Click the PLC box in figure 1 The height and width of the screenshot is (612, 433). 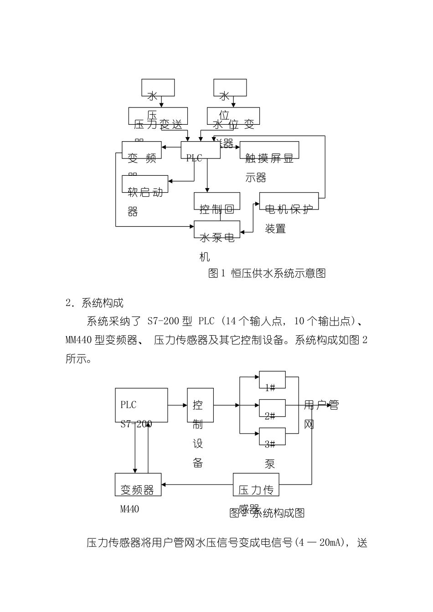tap(201, 150)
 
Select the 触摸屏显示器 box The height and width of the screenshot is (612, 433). tap(269, 150)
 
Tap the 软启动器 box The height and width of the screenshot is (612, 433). tap(145, 184)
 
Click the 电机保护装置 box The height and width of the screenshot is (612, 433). tap(289, 201)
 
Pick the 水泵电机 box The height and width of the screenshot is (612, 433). tap(217, 229)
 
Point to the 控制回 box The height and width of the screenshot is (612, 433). tap(217, 201)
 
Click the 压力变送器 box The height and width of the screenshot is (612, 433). tap(158, 116)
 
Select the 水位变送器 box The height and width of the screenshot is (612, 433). tap(233, 116)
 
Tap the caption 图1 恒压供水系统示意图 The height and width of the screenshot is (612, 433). tap(267, 273)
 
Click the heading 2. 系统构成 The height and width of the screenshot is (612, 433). tap(95, 303)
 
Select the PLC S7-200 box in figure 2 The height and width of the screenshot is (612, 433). tap(141, 404)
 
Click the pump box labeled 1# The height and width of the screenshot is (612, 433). tap(272, 380)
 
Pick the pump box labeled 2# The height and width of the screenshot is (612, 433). tap(272, 408)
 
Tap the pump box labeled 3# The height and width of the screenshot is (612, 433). tap(272, 437)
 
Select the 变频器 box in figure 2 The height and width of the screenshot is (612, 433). tap(138, 485)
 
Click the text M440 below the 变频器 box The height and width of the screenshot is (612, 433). tap(129, 509)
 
